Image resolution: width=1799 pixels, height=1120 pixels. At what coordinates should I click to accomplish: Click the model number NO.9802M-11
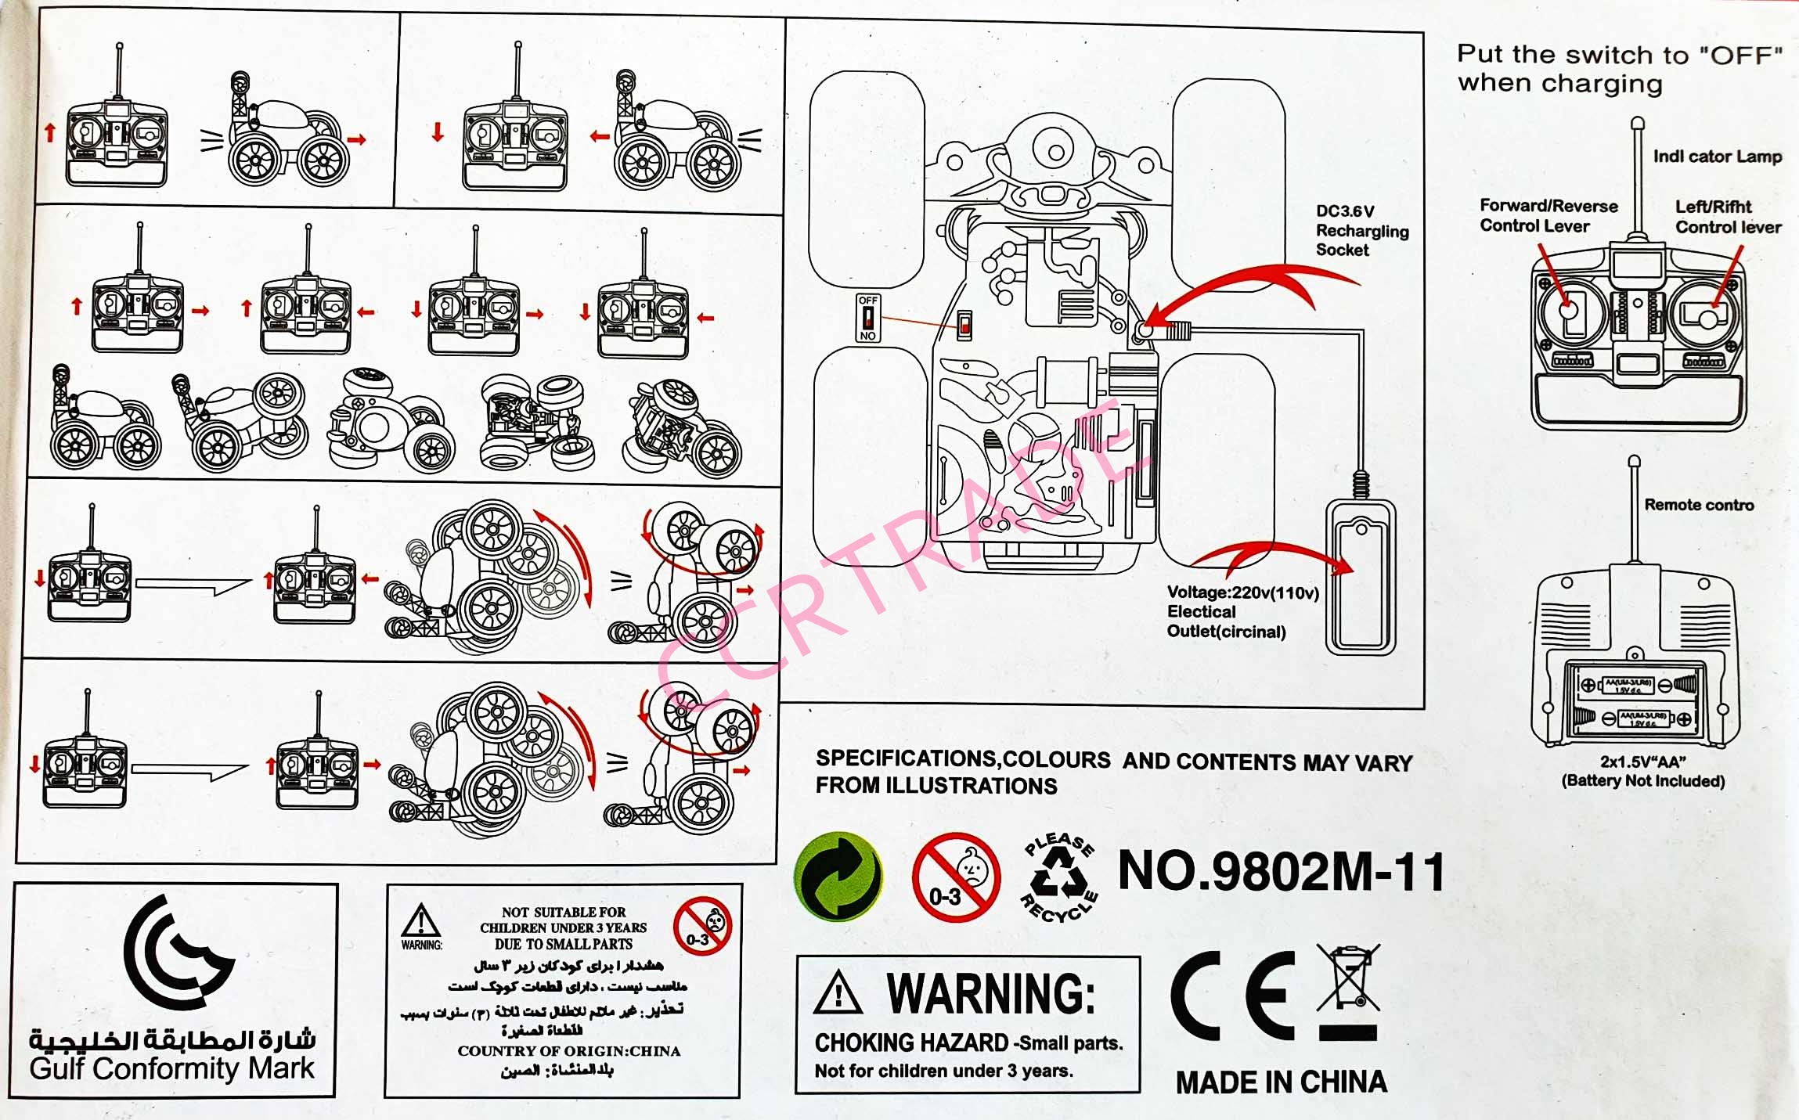[x=1281, y=872]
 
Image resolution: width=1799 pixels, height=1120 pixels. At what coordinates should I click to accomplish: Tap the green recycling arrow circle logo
[x=838, y=876]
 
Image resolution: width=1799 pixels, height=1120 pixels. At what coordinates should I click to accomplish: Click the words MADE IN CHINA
[x=1281, y=1082]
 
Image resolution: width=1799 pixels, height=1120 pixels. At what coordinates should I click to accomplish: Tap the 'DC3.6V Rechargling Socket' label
[x=1361, y=231]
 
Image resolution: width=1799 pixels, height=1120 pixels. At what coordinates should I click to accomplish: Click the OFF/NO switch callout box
[x=868, y=318]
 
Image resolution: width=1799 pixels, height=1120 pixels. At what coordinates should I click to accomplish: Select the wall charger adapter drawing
[x=1361, y=578]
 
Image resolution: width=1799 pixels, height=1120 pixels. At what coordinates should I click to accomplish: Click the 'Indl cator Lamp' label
[x=1717, y=157]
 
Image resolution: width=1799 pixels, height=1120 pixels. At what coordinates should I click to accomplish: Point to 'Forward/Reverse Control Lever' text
[x=1548, y=216]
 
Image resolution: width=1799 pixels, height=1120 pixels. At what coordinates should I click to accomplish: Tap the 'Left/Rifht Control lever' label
[x=1728, y=217]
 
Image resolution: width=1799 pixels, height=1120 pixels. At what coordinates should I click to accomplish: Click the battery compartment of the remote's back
[x=1635, y=700]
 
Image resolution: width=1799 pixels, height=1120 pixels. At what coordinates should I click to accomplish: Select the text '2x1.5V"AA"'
[x=1642, y=762]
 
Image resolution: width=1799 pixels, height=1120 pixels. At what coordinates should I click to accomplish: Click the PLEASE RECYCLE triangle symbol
[x=1059, y=877]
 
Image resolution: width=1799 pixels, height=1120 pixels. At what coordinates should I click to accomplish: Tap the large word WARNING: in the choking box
[x=990, y=994]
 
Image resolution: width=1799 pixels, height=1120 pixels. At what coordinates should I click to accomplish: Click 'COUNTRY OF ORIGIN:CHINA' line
[x=569, y=1051]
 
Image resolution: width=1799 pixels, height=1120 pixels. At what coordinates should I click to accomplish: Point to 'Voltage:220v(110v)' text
[x=1242, y=593]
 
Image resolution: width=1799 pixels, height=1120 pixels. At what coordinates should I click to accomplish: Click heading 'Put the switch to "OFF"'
[x=1619, y=55]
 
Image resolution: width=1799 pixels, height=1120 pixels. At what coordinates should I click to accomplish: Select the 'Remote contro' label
[x=1698, y=506]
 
